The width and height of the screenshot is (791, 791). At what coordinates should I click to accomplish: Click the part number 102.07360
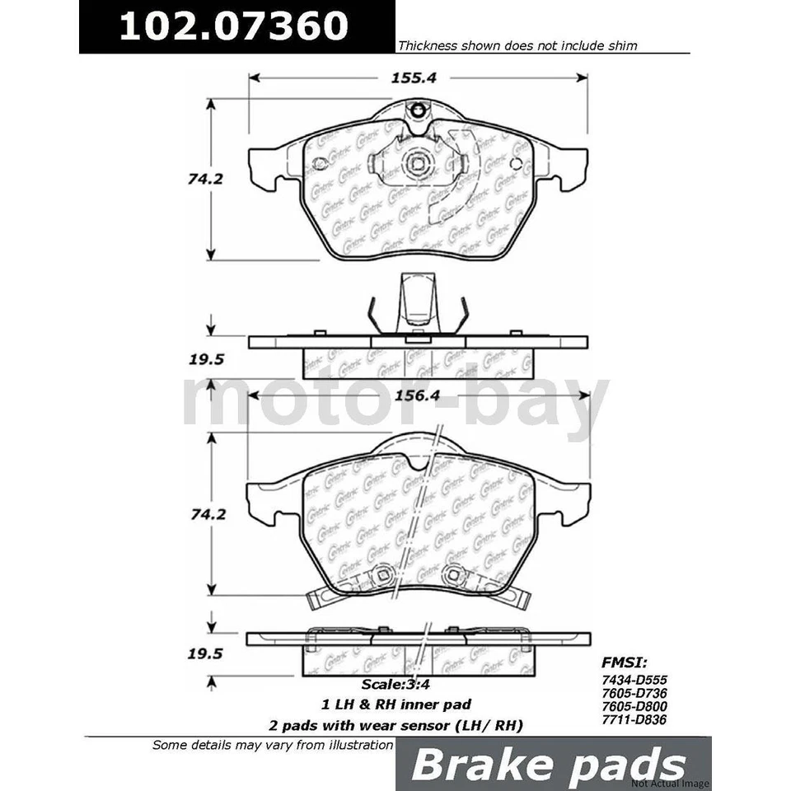pyautogui.click(x=234, y=26)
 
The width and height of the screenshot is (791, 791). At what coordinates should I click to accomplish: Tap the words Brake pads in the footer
pyautogui.click(x=548, y=765)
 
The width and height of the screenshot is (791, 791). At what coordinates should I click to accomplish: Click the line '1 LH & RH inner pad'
pyautogui.click(x=395, y=704)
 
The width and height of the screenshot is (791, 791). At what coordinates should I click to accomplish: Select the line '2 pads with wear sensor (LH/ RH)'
pyautogui.click(x=395, y=725)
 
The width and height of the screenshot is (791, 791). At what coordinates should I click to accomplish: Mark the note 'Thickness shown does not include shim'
pyautogui.click(x=517, y=46)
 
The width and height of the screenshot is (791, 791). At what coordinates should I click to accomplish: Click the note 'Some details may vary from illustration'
pyautogui.click(x=273, y=745)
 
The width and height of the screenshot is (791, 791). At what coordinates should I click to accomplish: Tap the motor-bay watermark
pyautogui.click(x=395, y=404)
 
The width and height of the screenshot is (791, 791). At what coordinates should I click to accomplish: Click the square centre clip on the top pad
pyautogui.click(x=416, y=163)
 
